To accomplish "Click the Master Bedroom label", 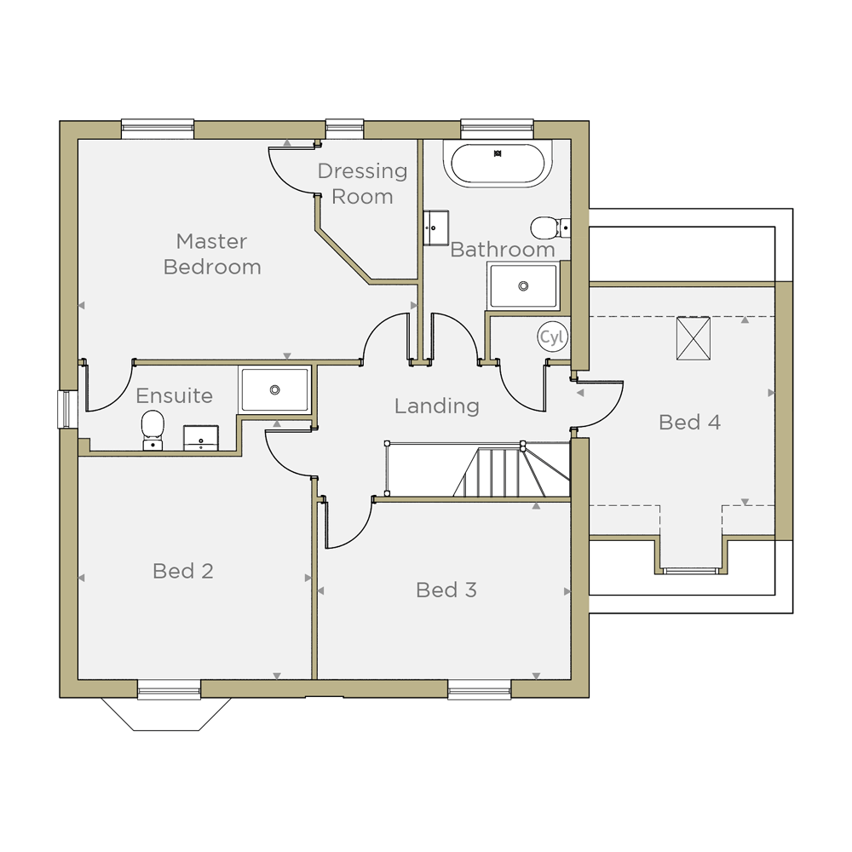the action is point(212,254).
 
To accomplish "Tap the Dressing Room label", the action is point(362,184).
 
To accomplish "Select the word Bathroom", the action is point(503,250).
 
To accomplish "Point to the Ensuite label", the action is point(174,395).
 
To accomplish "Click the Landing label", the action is point(437,406).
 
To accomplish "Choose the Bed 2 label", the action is point(183,571).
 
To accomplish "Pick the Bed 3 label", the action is point(446,590).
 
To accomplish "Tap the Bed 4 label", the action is point(689,423).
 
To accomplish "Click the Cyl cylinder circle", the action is point(553,337).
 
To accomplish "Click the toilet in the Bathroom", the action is point(550,227).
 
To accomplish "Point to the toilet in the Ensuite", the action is point(153,430).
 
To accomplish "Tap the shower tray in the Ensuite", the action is point(274,389).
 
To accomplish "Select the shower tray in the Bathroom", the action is point(523,285).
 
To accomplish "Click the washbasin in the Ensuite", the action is point(201,438).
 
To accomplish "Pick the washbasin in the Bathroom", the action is point(435,228).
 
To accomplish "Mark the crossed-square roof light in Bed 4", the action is point(694,338).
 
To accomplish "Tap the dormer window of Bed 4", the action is point(690,571).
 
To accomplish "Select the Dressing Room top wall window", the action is point(344,129).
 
